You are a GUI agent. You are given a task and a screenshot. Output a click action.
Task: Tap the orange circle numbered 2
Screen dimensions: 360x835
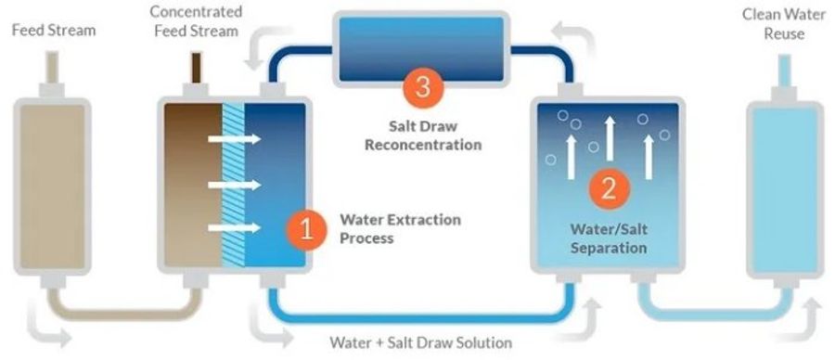point(610,187)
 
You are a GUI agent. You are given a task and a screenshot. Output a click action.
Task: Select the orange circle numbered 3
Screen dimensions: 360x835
point(423,88)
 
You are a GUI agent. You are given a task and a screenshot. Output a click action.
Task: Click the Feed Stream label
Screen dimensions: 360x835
point(54,31)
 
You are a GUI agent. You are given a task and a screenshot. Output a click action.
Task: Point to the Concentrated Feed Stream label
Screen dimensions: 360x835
point(196,21)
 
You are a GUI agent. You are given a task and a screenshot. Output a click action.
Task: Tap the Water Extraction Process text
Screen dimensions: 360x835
point(400,229)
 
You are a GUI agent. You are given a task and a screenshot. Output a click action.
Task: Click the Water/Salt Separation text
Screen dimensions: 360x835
point(609,238)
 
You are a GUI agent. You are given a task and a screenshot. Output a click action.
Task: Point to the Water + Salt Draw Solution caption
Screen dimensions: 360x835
point(419,341)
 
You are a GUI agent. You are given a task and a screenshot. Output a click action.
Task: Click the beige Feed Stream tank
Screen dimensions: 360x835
point(54,180)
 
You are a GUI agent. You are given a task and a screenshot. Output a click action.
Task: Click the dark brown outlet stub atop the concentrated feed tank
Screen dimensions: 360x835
point(199,70)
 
